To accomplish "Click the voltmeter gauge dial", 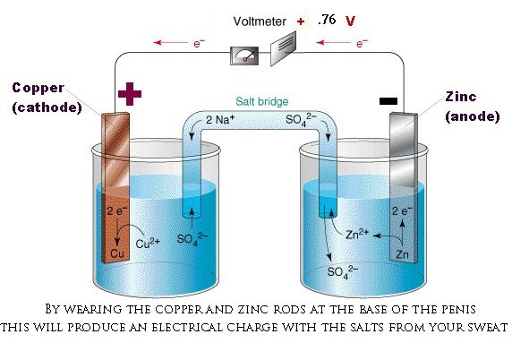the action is (x=244, y=56).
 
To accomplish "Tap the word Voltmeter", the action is (x=260, y=21).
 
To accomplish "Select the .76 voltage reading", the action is (x=327, y=20).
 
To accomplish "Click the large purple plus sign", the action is (x=130, y=94).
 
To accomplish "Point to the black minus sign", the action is (x=388, y=101).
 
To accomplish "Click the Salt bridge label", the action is (x=262, y=101).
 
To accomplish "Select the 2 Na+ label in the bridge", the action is (x=220, y=120).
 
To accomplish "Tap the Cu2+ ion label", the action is (x=148, y=244).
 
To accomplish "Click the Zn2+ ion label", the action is (x=357, y=234).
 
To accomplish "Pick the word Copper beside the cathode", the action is (x=38, y=88).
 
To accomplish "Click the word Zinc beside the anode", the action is (x=461, y=97).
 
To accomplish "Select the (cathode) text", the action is (x=47, y=107).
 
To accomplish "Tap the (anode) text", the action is (x=473, y=116).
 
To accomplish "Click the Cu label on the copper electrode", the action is (x=117, y=253).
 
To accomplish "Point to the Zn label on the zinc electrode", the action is (x=402, y=254).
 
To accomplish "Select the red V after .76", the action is (x=350, y=21).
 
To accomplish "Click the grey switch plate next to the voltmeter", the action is (x=283, y=48).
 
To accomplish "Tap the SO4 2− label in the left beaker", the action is (x=192, y=239).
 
